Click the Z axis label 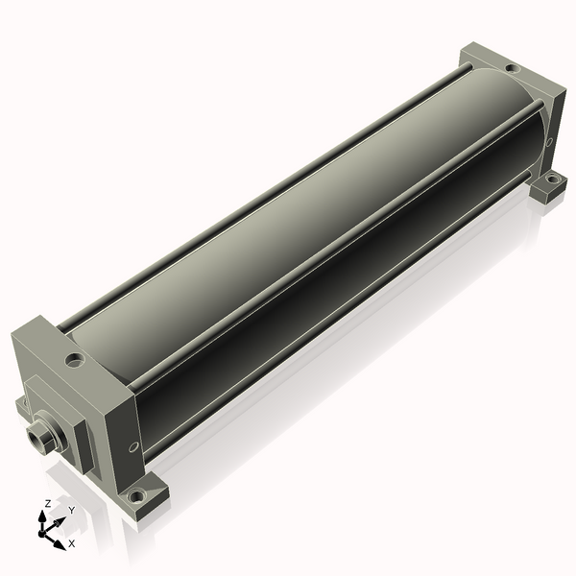(x=48, y=504)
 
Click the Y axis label (x=72, y=511)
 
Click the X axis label (x=72, y=543)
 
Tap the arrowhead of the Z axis (x=42, y=517)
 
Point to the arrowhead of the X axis (x=60, y=544)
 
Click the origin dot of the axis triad (x=41, y=533)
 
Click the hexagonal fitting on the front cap (x=38, y=435)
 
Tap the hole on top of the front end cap (x=75, y=360)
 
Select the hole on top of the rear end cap (x=513, y=68)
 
